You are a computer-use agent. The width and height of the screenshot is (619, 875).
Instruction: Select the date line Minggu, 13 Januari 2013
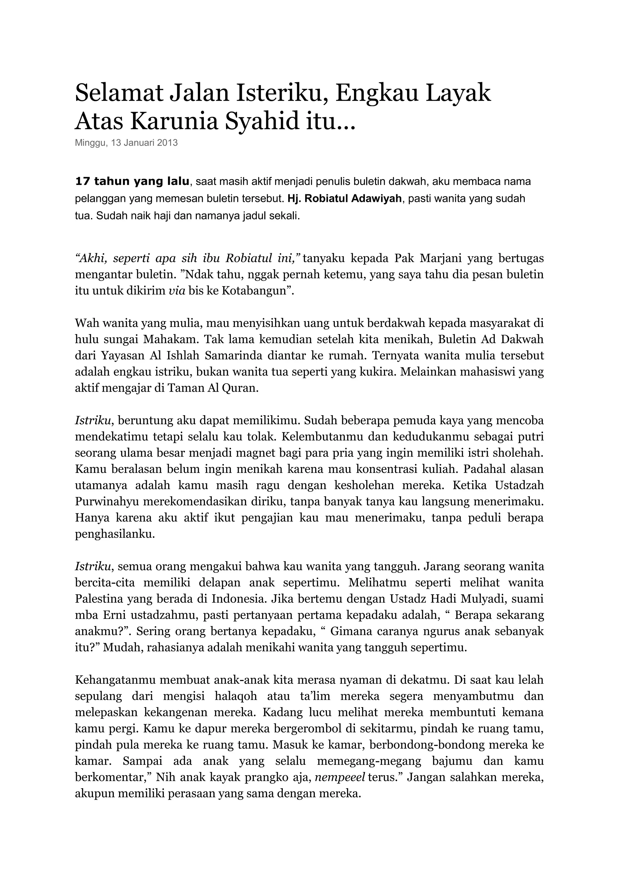pyautogui.click(x=126, y=143)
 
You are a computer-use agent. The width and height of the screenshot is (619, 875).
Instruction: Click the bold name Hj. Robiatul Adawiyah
pyautogui.click(x=345, y=199)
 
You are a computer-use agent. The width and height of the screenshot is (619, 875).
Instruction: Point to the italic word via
pyautogui.click(x=177, y=291)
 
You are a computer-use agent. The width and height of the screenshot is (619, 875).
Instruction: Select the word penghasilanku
pyautogui.click(x=115, y=534)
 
